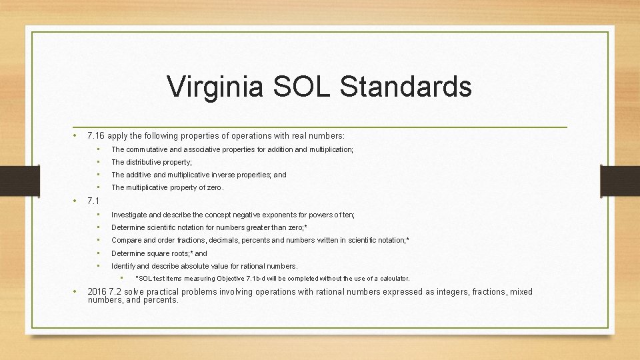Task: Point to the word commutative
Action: pos(150,149)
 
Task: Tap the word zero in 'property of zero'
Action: pos(214,187)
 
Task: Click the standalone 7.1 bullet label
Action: pos(93,201)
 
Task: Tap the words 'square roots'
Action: pos(169,253)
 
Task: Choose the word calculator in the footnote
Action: pos(393,279)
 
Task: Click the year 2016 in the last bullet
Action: pos(97,292)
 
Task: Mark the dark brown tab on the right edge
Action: pos(620,181)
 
